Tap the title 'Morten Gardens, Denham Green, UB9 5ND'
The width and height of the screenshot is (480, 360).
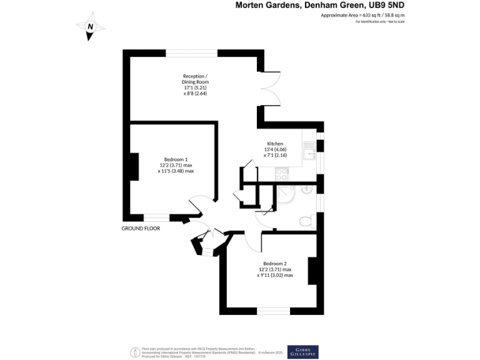click(319, 5)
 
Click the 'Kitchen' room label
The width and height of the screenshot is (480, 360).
click(275, 143)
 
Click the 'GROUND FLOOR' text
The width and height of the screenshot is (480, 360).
click(141, 229)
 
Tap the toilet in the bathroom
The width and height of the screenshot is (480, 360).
click(305, 221)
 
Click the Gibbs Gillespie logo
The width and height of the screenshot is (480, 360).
click(302, 352)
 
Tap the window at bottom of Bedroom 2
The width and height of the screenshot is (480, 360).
click(273, 311)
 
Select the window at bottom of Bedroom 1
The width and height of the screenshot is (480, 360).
click(156, 217)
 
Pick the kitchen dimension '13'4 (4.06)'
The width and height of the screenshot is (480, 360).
click(276, 149)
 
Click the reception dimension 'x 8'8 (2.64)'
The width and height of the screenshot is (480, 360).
click(196, 93)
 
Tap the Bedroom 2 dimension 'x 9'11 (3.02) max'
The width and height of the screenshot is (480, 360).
click(276, 275)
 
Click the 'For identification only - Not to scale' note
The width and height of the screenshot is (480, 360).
click(380, 22)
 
